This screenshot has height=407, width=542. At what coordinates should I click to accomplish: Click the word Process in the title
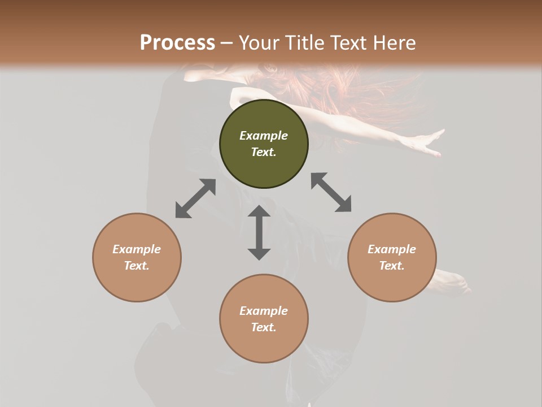pos(177,43)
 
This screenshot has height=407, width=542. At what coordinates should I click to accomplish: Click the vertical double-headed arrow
pos(259,232)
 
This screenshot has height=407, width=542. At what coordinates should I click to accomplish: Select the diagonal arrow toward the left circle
pos(195,198)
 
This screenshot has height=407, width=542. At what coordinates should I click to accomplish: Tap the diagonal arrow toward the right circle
pos(331,192)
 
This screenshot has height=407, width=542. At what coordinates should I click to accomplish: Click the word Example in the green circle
pos(264,136)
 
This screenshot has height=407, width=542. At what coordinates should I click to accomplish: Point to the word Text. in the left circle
pos(137,266)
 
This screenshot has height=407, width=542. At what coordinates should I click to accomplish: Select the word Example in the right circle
pos(392,249)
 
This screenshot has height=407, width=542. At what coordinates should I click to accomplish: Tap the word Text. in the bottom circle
pos(264,327)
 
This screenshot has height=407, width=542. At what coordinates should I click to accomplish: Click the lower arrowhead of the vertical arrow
pos(259,253)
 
